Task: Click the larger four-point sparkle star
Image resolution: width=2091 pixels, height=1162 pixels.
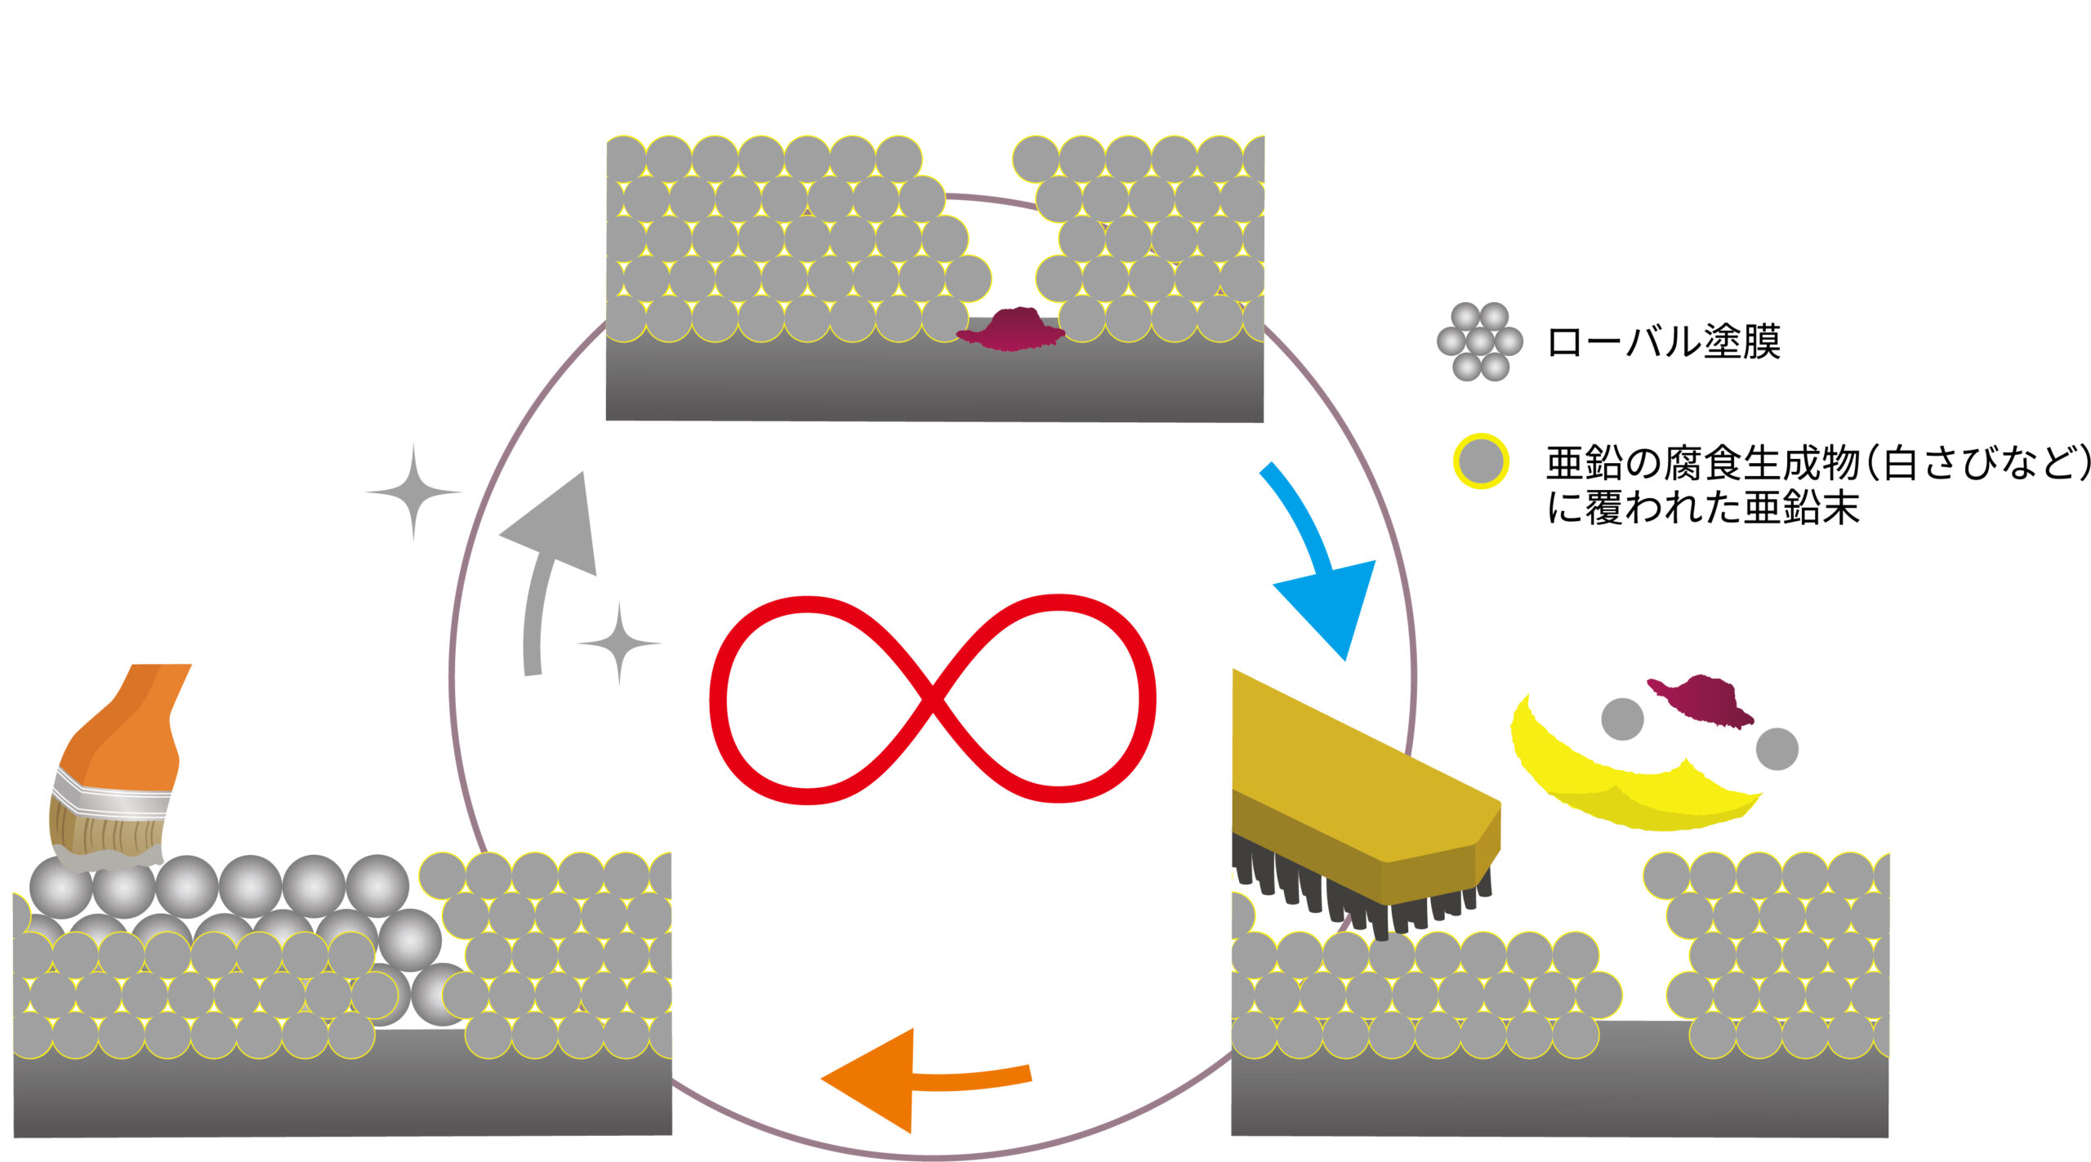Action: point(413,492)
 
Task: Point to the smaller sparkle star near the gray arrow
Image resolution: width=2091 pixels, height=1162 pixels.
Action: point(619,643)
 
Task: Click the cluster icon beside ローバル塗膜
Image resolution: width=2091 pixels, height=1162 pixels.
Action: point(1480,341)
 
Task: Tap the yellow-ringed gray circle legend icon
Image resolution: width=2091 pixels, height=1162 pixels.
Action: point(1481,461)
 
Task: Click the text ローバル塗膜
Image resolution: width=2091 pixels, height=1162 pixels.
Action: point(1664,341)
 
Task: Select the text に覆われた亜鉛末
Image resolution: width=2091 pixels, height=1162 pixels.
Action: point(1703,507)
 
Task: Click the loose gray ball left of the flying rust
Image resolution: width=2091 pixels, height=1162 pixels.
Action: point(1622,719)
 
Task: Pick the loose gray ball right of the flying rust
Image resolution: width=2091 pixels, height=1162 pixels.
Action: point(1777,749)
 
